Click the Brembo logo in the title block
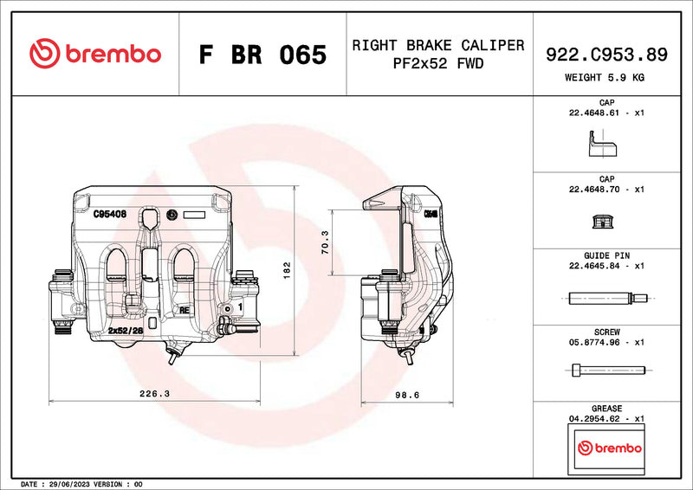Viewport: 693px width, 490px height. pos(95,54)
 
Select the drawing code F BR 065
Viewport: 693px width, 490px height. pos(262,55)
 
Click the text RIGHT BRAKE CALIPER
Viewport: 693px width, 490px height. pos(437,45)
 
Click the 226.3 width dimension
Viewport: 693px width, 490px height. pos(154,394)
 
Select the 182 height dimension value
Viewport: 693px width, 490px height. pos(287,270)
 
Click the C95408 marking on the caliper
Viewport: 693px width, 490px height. pos(110,213)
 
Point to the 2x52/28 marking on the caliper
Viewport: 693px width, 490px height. pos(125,331)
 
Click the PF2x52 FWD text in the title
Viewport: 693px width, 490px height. pos(437,64)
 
